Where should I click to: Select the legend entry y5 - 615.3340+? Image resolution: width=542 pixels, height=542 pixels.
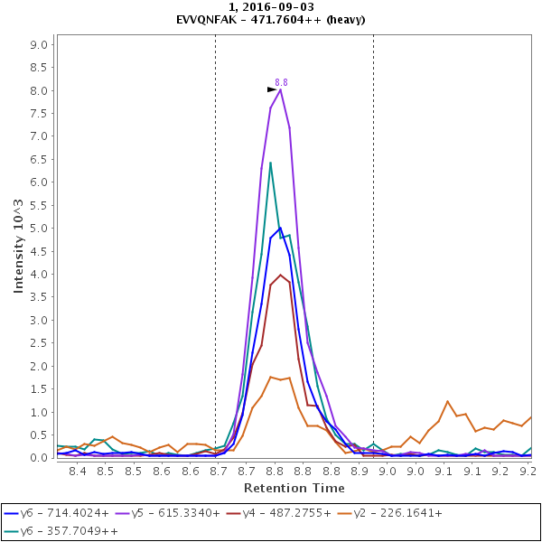[x=174, y=513]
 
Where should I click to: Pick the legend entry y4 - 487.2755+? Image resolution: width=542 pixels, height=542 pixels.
[x=285, y=513]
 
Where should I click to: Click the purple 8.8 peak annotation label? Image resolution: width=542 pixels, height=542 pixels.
[x=281, y=82]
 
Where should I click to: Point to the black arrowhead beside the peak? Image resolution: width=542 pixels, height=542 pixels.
[x=272, y=89]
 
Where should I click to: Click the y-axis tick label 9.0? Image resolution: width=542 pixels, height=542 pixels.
[x=39, y=44]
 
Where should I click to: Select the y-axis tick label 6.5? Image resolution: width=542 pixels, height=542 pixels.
[x=39, y=182]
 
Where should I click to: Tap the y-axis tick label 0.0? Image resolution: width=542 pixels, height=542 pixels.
[x=39, y=458]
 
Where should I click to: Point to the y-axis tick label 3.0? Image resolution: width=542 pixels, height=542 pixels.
[x=39, y=321]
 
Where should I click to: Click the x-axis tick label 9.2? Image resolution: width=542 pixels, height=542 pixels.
[x=528, y=471]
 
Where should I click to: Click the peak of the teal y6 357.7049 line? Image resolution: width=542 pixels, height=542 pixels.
[x=270, y=163]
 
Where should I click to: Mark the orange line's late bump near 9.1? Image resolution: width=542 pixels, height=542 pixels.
[x=447, y=401]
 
